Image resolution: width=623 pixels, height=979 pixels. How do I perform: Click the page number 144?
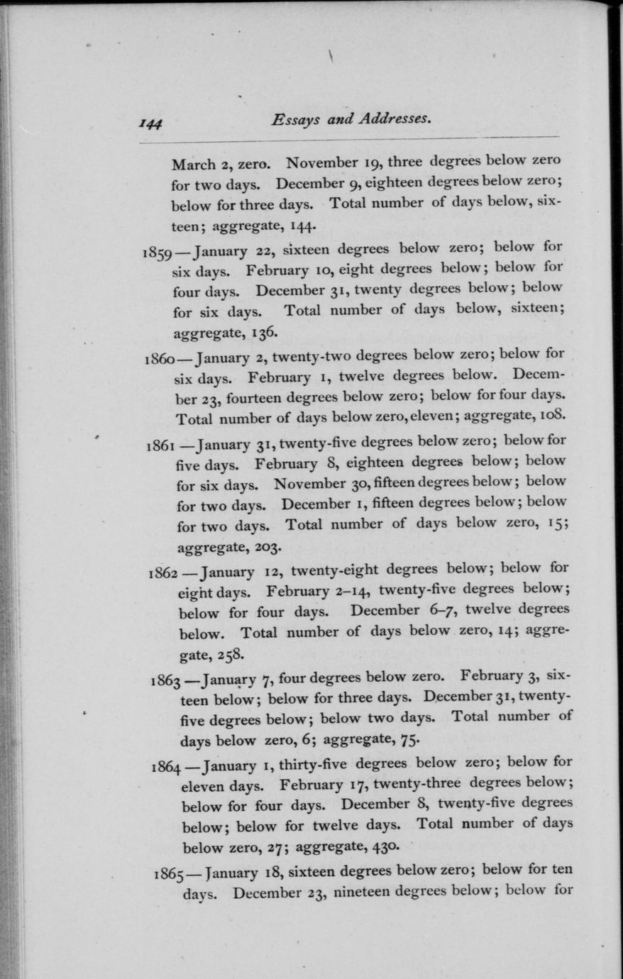pos(151,123)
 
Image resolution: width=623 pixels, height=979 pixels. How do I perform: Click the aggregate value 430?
pos(386,846)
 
